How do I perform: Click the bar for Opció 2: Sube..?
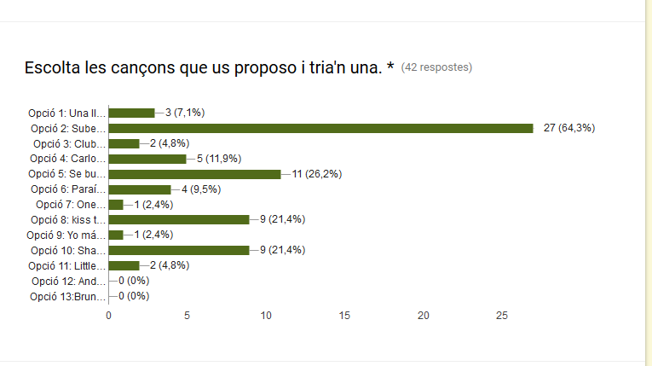(320, 128)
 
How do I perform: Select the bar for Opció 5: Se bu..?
(194, 174)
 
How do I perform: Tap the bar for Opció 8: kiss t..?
(179, 219)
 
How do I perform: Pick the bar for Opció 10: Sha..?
(179, 250)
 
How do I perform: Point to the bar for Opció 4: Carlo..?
(147, 159)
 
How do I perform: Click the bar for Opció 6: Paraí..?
(140, 189)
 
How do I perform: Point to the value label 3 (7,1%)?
(185, 113)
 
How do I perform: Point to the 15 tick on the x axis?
(344, 316)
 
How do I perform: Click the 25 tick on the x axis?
(502, 316)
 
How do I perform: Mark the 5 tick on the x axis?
(188, 316)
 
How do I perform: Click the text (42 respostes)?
(436, 67)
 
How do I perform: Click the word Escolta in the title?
(53, 67)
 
